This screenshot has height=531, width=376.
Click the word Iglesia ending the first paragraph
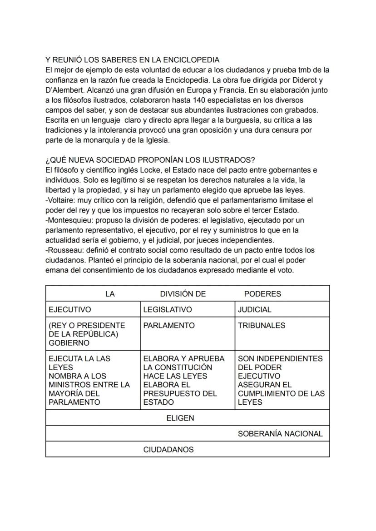click(155, 140)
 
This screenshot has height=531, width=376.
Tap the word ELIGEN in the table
click(180, 418)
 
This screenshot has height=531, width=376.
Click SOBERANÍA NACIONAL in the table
click(280, 434)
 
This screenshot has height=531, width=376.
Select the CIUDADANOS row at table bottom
click(168, 450)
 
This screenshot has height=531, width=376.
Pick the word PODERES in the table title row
click(262, 294)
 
